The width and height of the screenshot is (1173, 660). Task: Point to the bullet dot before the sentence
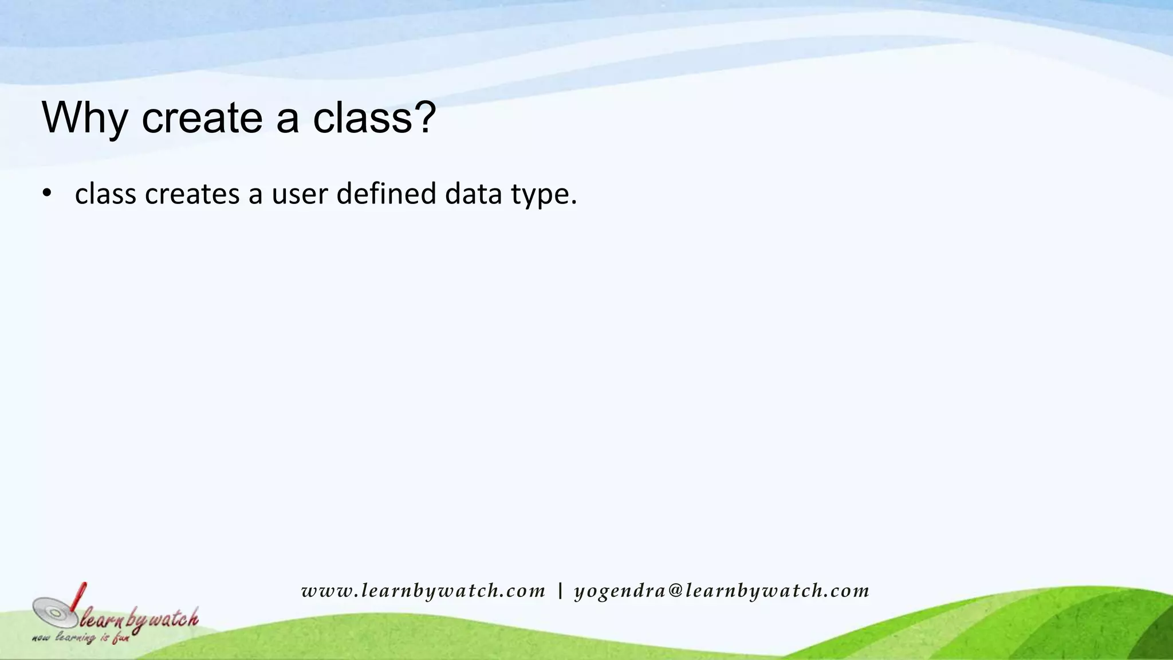pos(47,193)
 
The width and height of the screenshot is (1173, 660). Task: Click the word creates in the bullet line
pos(192,194)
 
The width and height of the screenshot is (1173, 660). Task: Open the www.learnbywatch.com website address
pos(423,591)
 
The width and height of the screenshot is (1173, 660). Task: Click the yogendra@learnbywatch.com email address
pos(722,591)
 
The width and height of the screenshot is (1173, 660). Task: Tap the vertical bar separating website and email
pos(560,591)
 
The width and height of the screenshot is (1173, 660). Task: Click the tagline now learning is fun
pos(80,637)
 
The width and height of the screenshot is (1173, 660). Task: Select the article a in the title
pos(288,119)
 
